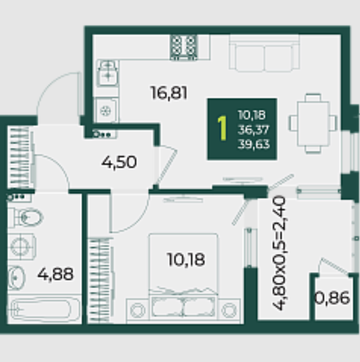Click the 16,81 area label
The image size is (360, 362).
pyautogui.click(x=169, y=93)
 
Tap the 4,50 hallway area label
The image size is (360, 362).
pyautogui.click(x=119, y=162)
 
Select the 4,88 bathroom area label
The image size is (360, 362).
pyautogui.click(x=55, y=274)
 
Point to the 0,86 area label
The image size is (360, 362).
pyautogui.click(x=332, y=298)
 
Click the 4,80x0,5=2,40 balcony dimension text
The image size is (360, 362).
pyautogui.click(x=279, y=253)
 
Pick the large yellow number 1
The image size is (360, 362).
pyautogui.click(x=222, y=128)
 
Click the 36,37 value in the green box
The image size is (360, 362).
pyautogui.click(x=253, y=130)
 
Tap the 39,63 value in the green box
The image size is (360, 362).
pyautogui.click(x=253, y=144)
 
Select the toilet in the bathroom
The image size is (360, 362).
pyautogui.click(x=25, y=217)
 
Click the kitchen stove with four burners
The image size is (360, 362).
pyautogui.click(x=184, y=47)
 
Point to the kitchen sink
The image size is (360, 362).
pyautogui.click(x=108, y=73)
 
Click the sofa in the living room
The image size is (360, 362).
pyautogui.click(x=264, y=53)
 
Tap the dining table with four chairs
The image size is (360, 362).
pyautogui.click(x=313, y=124)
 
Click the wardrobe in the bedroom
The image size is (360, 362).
pyautogui.click(x=99, y=281)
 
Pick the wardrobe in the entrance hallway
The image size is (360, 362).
pyautogui.click(x=21, y=157)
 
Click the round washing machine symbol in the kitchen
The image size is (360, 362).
pyautogui.click(x=106, y=111)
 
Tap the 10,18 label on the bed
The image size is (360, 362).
pyautogui.click(x=186, y=260)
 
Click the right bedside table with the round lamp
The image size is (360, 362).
pyautogui.click(x=229, y=310)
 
